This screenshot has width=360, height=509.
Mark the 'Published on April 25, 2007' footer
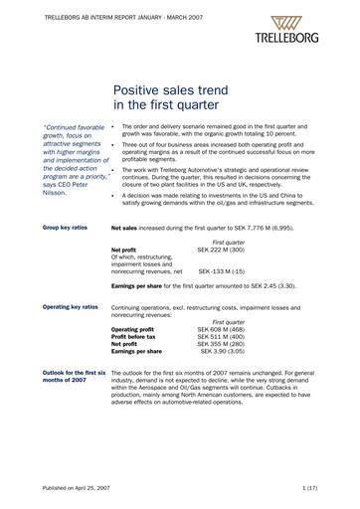(x=77, y=490)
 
